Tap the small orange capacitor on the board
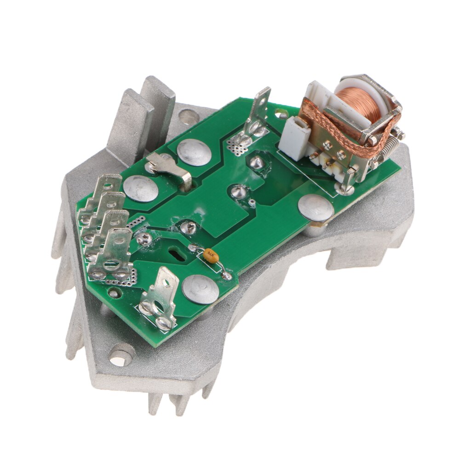pyautogui.click(x=210, y=254)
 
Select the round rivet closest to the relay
pyautogui.click(x=316, y=208)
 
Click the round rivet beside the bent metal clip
pyautogui.click(x=194, y=152)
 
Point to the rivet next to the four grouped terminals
pyautogui.click(x=141, y=189)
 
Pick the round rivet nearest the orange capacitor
pyautogui.click(x=200, y=289)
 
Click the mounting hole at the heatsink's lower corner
pyautogui.click(x=121, y=357)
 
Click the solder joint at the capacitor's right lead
pyautogui.click(x=227, y=276)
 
